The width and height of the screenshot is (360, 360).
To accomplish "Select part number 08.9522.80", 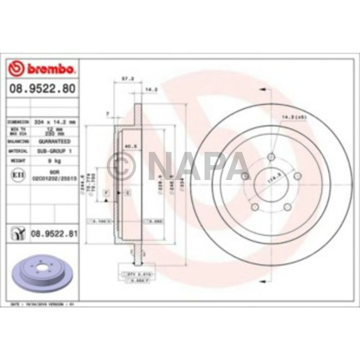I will coord(43,89).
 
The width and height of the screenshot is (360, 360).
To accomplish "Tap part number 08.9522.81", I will coord(54,234).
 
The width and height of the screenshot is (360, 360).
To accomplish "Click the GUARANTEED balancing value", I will coord(54,140).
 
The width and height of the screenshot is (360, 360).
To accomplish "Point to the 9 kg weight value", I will coord(54,161).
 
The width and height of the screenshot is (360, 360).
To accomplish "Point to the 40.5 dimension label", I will coord(131,146).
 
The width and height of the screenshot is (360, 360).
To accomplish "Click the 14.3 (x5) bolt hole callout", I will coord(293,117).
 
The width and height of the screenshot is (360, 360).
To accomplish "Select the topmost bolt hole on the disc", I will coord(272,157).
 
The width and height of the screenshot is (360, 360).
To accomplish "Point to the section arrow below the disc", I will coord(264,281).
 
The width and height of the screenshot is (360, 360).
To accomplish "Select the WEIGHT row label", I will coord(15,161).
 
